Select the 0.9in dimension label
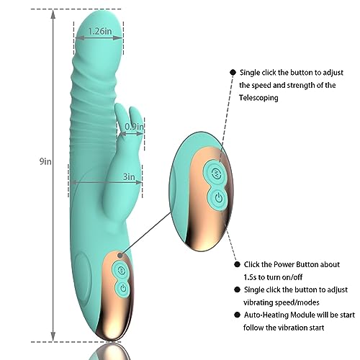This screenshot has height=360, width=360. pos(134,127)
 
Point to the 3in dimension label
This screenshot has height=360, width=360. pos(130,176)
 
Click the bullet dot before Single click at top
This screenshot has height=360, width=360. pos(232,73)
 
